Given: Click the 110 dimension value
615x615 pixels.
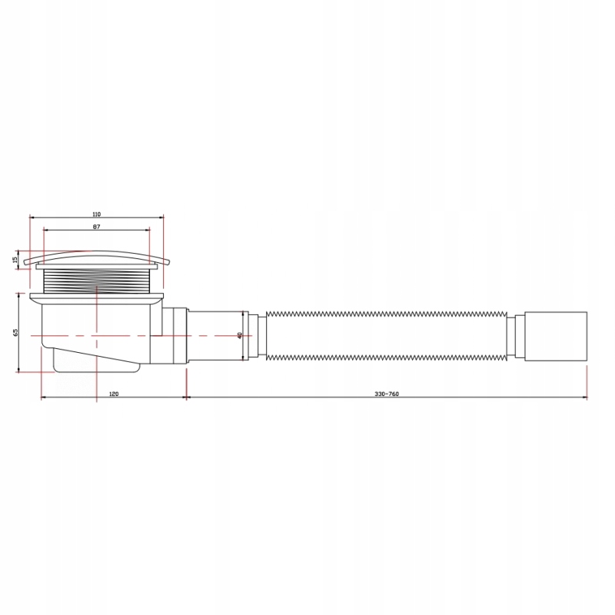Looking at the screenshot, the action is click(x=97, y=214).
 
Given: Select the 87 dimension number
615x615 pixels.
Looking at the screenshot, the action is click(x=97, y=227).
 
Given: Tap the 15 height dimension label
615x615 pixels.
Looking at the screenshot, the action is click(x=15, y=260).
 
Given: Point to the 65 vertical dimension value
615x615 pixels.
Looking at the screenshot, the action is click(x=15, y=332).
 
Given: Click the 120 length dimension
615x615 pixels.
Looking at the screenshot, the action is click(x=114, y=394).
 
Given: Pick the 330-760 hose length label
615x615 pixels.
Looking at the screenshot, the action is click(x=387, y=394).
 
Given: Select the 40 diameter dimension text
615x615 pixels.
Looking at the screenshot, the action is click(x=240, y=336).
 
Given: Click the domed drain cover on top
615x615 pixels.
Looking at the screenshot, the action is click(x=96, y=257).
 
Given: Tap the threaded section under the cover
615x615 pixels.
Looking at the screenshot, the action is click(x=97, y=281).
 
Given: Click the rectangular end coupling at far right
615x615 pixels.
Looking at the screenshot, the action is click(x=555, y=336).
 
